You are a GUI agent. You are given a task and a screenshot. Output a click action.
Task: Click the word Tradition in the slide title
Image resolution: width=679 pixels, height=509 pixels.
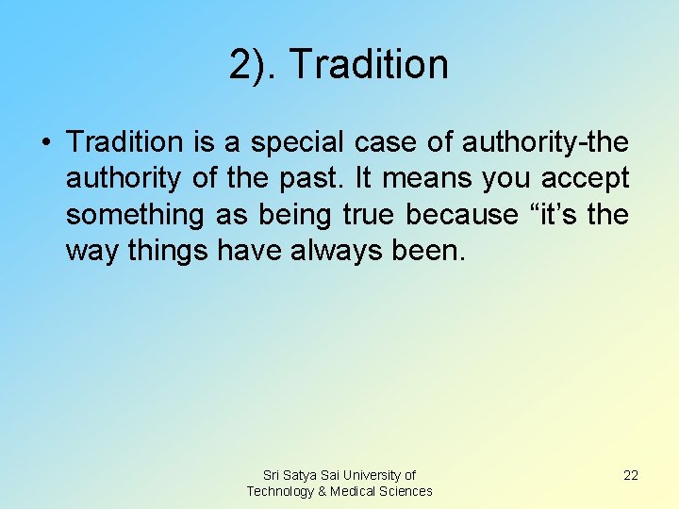click(x=369, y=64)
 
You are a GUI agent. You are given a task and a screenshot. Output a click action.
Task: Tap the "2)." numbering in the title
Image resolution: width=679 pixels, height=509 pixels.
click(x=254, y=64)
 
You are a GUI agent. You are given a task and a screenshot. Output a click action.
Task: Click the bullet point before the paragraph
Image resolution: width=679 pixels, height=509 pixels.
click(x=46, y=143)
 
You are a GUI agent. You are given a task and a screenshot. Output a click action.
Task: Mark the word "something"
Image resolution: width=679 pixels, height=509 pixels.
click(x=134, y=215)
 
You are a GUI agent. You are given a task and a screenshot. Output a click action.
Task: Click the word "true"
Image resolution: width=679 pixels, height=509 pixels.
click(x=368, y=215)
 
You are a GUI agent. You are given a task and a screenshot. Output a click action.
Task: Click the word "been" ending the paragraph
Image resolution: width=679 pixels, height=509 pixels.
click(x=433, y=252)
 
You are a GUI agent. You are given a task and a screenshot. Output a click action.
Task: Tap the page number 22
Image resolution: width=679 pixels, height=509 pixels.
click(x=631, y=475)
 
